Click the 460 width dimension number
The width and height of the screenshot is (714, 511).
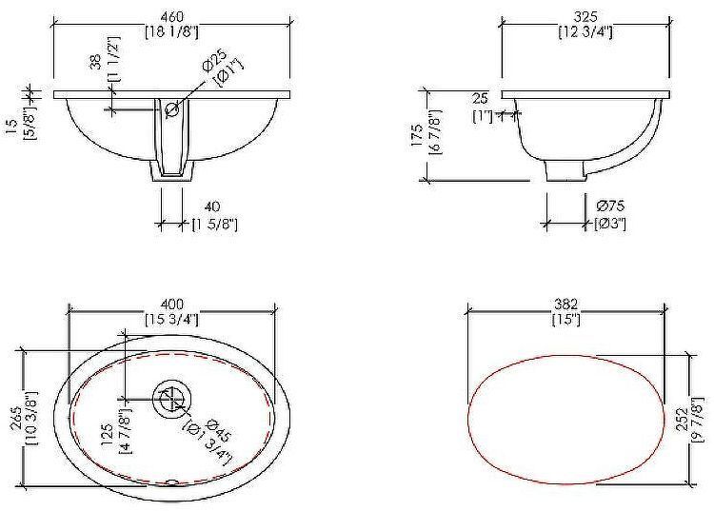point(172,17)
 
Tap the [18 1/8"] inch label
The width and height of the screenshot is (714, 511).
point(172,32)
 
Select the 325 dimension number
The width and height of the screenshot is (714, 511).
point(585,17)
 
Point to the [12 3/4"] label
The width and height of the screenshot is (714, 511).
point(585,32)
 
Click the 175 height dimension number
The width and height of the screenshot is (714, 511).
point(417,135)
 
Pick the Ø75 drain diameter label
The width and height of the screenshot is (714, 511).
point(610,206)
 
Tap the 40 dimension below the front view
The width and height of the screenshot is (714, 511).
point(212,207)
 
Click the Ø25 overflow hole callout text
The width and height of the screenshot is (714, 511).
point(213,60)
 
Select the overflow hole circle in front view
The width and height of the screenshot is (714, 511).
point(172,109)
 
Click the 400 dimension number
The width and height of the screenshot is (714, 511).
point(172,304)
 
